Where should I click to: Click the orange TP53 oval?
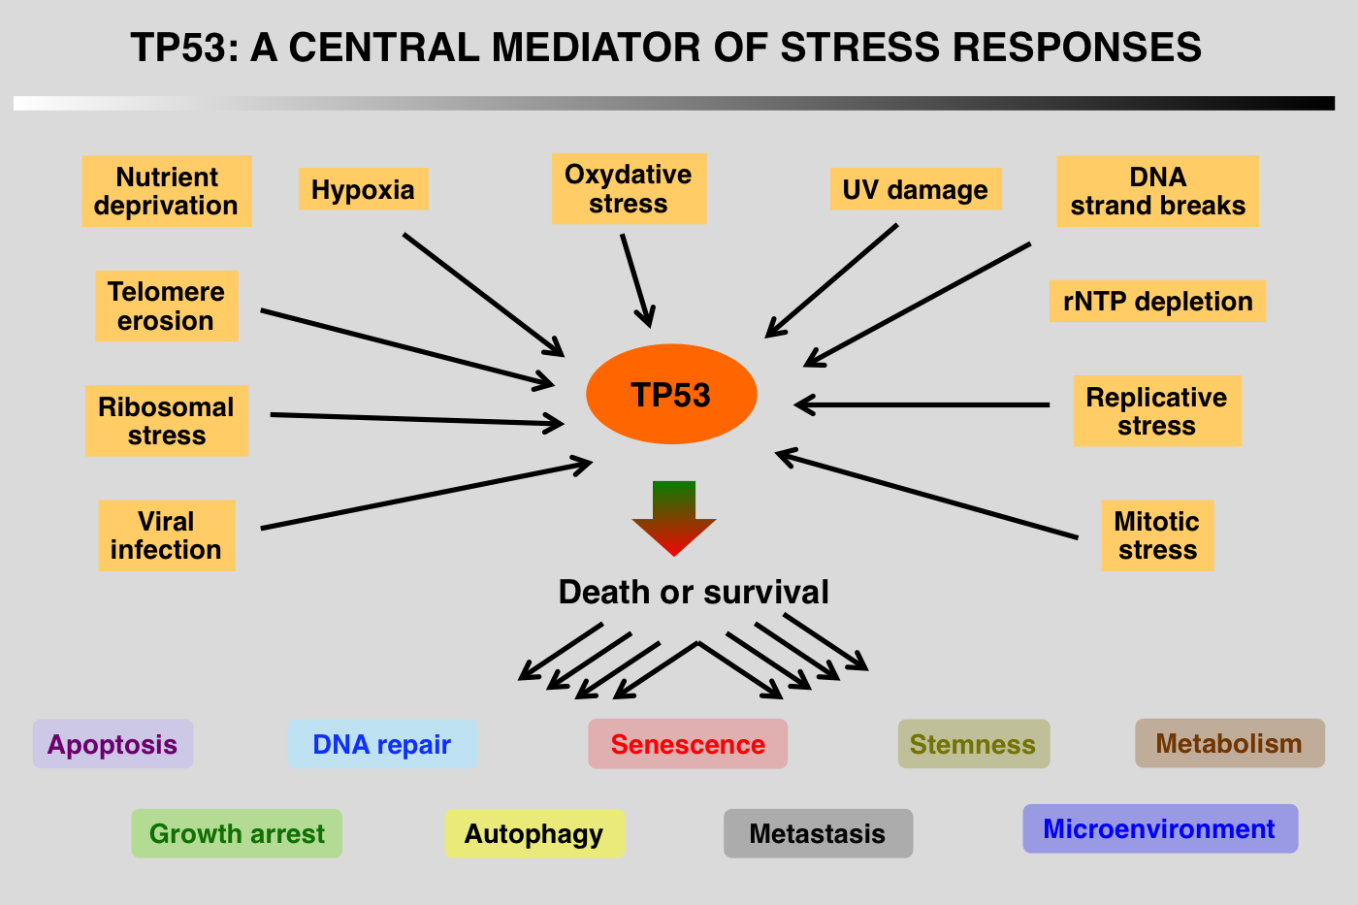tap(671, 395)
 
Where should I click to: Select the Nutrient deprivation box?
tap(166, 191)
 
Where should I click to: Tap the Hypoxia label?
tap(363, 190)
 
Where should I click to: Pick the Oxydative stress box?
tap(629, 189)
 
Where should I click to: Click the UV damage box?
tap(915, 190)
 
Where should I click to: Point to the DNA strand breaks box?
tap(1157, 191)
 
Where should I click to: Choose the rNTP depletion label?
tap(1157, 302)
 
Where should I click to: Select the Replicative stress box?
tap(1157, 411)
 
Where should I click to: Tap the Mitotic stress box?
tap(1157, 535)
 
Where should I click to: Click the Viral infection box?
tap(166, 535)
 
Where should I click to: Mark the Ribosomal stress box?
tap(166, 421)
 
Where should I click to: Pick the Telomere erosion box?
tap(166, 306)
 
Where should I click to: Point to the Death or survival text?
tap(694, 592)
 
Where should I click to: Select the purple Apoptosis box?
tap(113, 744)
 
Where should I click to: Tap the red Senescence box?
tap(688, 744)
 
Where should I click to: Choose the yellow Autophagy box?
tap(534, 833)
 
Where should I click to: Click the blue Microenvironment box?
tap(1159, 829)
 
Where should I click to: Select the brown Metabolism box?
tap(1229, 743)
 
